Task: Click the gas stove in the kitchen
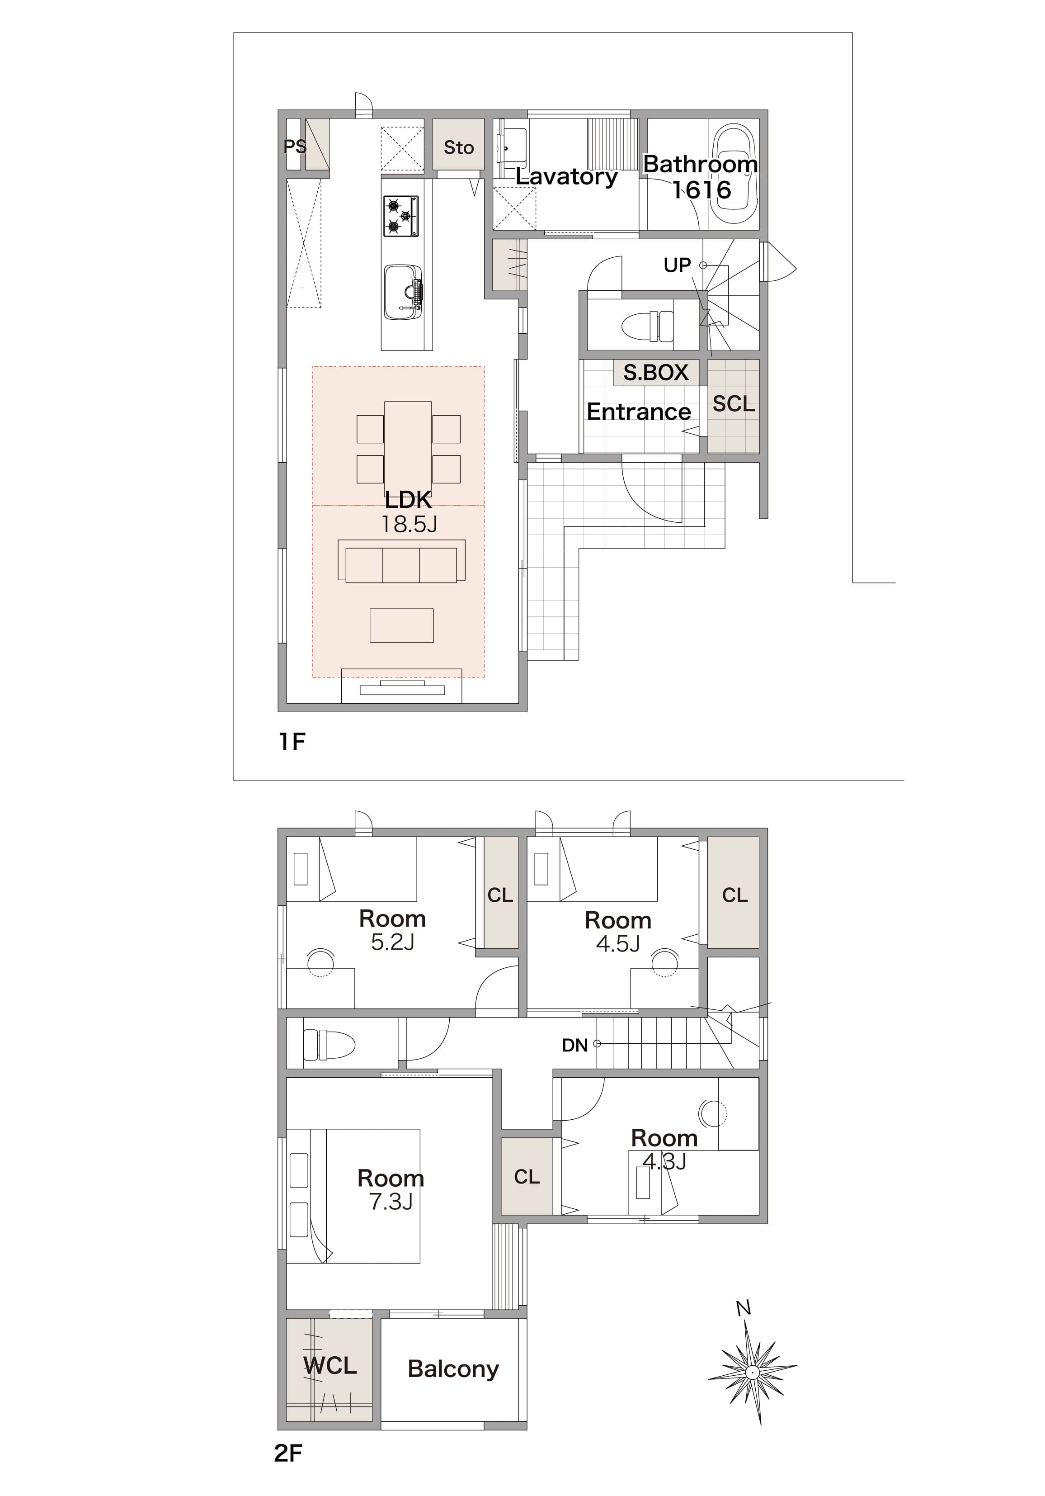400,216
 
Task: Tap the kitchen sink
403,292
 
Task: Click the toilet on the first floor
648,325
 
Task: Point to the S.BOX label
656,372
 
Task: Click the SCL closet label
733,404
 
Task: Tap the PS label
294,147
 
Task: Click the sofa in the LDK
401,560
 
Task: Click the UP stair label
677,265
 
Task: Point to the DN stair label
575,1046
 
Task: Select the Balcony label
453,1369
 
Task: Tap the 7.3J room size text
391,1201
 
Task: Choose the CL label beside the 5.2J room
500,895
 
